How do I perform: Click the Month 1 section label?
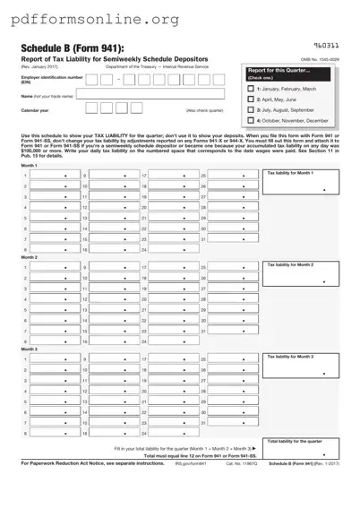[x=30, y=165]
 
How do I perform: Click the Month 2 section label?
[x=30, y=257]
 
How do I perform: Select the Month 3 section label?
[x=30, y=349]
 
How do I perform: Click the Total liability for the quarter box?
[x=300, y=453]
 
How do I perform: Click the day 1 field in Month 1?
[x=53, y=176]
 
